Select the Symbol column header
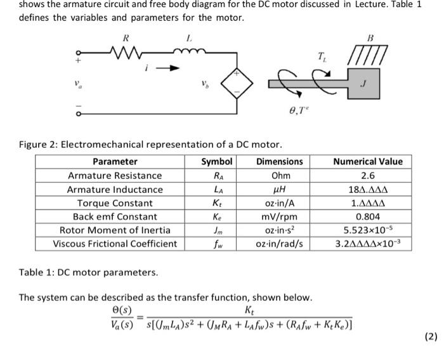[x=217, y=161]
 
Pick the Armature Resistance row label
[x=115, y=175]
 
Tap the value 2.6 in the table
[x=368, y=175]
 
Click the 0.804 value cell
[x=368, y=217]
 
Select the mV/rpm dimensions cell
[x=279, y=217]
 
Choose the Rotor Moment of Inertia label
[x=115, y=230]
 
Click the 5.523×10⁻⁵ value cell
[x=368, y=230]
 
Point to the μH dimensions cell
[x=279, y=189]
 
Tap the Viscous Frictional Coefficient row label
[x=115, y=244]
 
